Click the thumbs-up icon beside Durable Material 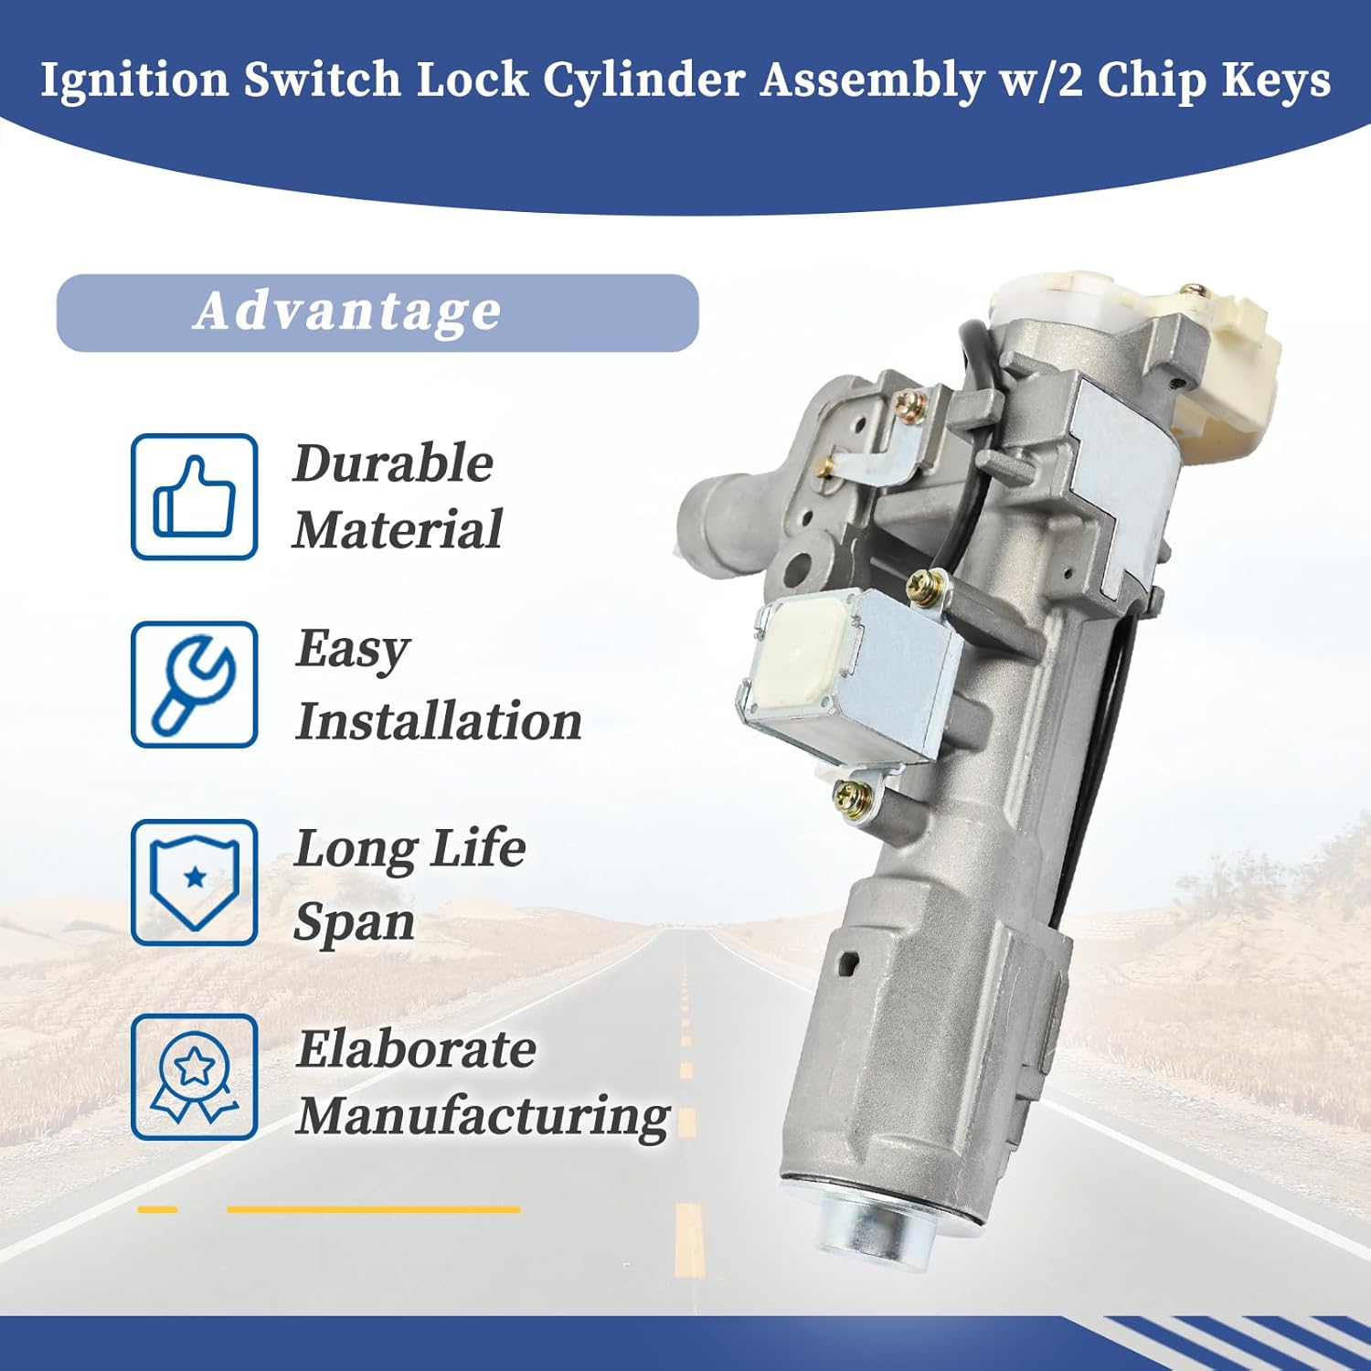point(194,496)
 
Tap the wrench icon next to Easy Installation point(194,685)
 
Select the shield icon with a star point(194,882)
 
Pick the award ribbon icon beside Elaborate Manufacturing point(194,1077)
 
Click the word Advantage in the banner point(348,311)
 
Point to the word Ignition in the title point(134,80)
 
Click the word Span point(355,921)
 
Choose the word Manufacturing point(483,1117)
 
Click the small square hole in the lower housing point(850,962)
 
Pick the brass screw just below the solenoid point(848,794)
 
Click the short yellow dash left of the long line point(157,1209)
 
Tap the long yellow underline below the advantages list point(373,1209)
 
